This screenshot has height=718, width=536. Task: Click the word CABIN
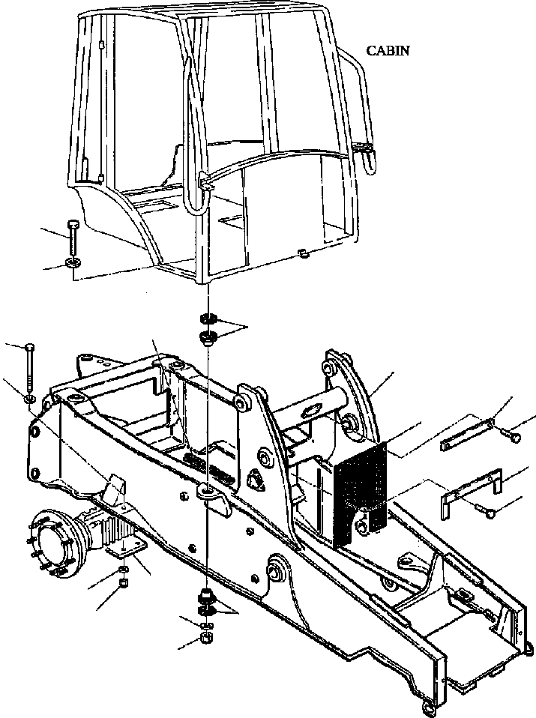click(x=388, y=51)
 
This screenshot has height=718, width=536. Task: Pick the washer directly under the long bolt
click(x=28, y=399)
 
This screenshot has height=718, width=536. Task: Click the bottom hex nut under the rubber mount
click(x=205, y=638)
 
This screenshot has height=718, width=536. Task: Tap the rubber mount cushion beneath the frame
click(x=203, y=598)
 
